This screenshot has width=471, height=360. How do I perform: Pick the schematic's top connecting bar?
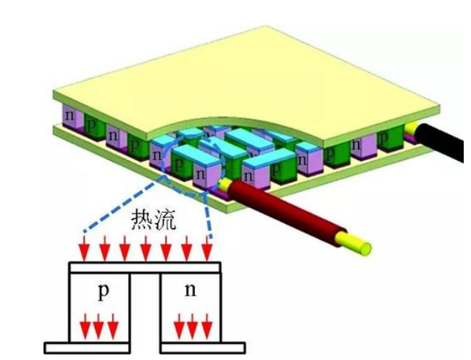pos(144,267)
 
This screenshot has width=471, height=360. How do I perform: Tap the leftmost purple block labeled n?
pos(70,117)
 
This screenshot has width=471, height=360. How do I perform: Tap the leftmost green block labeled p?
pos(92,124)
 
